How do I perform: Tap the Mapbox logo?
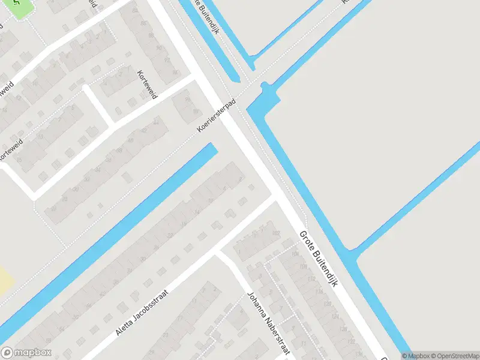(26, 353)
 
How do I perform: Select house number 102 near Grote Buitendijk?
(276, 233)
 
